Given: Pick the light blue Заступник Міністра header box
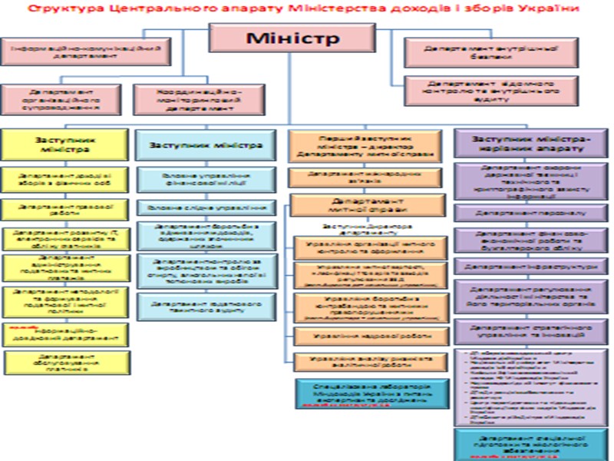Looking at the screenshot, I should point(205,144).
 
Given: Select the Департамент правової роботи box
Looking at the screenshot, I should point(65,208).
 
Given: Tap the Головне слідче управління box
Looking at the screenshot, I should point(205,208).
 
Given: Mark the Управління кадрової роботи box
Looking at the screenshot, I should point(370,336).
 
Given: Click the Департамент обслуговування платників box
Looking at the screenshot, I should point(64,362).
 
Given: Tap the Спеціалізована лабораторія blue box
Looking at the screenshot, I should point(370,391).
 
